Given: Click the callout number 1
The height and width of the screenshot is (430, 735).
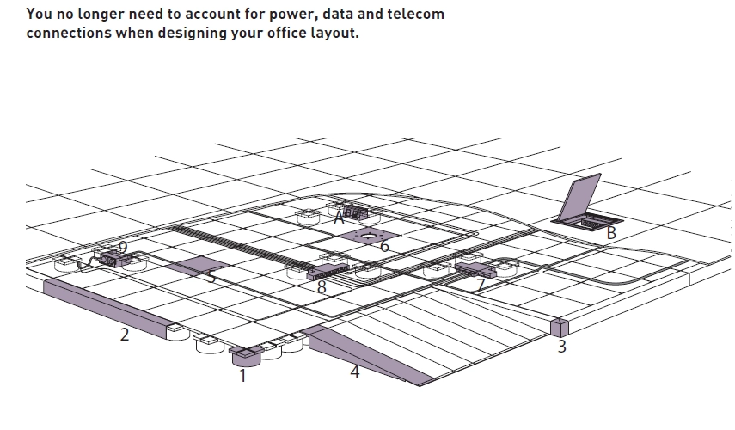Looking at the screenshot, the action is coord(242,376).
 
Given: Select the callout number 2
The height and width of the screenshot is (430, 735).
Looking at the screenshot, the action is coord(124,335).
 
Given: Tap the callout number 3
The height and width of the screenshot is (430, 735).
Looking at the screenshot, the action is coord(562,347).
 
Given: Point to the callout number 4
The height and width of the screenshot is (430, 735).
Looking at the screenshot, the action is coord(355,372).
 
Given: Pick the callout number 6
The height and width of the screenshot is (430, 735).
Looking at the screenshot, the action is coord(385,246).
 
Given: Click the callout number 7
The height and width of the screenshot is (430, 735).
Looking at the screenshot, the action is coord(480,284).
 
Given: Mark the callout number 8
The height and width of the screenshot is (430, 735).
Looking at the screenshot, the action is coord(322,287).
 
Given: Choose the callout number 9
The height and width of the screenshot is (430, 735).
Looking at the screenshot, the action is coord(123,247).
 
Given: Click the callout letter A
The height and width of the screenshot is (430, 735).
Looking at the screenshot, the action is coord(340,218).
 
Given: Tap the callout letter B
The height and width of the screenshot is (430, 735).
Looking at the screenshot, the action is coord(611,233).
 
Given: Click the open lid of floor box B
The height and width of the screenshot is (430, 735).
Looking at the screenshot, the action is coord(582,196).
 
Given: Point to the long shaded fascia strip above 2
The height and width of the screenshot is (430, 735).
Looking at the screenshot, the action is coord(105,308).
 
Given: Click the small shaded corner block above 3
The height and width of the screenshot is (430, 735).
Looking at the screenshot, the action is coord(560,328).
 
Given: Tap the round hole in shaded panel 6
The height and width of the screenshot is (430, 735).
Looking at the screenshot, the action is coord(369,236).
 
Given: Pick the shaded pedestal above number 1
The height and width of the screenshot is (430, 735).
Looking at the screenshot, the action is coord(245,356).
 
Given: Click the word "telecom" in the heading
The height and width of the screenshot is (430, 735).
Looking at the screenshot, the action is coord(416,14).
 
